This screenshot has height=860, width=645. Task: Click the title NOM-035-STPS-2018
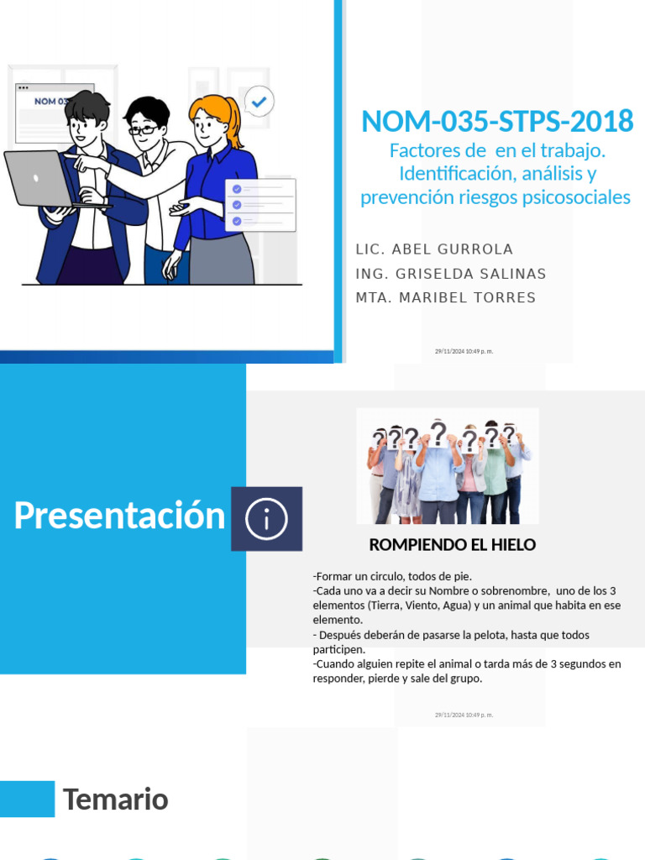pyautogui.click(x=496, y=122)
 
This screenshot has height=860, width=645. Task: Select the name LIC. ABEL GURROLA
pyautogui.click(x=434, y=249)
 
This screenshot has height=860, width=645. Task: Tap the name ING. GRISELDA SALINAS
pyautogui.click(x=450, y=274)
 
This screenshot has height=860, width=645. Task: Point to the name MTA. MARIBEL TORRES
pyautogui.click(x=445, y=298)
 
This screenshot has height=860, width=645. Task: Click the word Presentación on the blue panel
pyautogui.click(x=119, y=516)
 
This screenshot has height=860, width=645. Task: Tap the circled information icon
pyautogui.click(x=267, y=520)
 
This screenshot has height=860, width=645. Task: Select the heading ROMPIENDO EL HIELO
pyautogui.click(x=452, y=545)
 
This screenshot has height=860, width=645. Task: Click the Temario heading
pyautogui.click(x=115, y=800)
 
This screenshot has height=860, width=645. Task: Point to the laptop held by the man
pyautogui.click(x=39, y=179)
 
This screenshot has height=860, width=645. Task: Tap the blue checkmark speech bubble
pyautogui.click(x=260, y=102)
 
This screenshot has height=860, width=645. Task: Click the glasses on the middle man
pyautogui.click(x=143, y=129)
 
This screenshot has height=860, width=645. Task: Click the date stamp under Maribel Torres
pyautogui.click(x=464, y=351)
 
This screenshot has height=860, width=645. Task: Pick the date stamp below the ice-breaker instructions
pyautogui.click(x=464, y=715)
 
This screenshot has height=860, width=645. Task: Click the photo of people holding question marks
pyautogui.click(x=448, y=466)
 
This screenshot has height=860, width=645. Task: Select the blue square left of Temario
pyautogui.click(x=27, y=799)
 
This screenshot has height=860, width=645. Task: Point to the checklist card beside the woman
pyautogui.click(x=260, y=205)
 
